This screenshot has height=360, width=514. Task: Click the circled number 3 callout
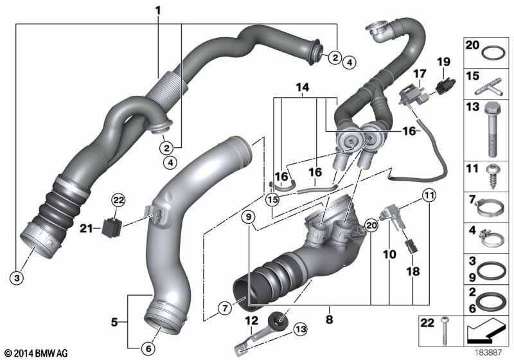18,278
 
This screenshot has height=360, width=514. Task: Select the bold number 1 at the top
159,10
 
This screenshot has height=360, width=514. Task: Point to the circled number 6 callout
148,348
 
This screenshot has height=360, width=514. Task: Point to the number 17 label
419,75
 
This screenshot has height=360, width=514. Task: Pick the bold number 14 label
301,87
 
